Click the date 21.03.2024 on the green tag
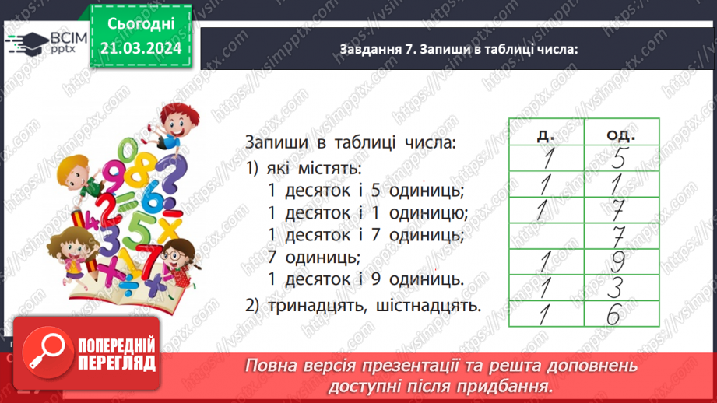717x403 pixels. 141,48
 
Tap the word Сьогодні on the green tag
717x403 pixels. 141,24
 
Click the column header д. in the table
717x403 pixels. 546,135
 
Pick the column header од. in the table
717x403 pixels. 621,135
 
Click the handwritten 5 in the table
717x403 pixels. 619,158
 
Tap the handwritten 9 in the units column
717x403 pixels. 618,262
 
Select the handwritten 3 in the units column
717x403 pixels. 616,288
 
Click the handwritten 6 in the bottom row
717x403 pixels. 613,314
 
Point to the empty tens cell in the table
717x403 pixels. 547,236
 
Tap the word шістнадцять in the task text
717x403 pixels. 428,306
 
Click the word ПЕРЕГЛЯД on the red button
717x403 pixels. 117,363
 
